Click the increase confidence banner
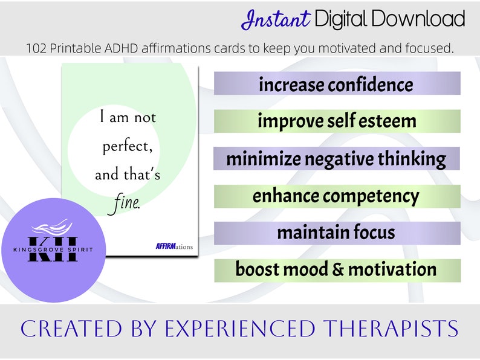[x=337, y=84]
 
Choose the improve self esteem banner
[x=337, y=121]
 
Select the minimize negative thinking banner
[x=337, y=158]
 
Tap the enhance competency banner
[x=337, y=196]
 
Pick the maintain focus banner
[x=337, y=233]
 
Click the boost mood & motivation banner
[x=337, y=269]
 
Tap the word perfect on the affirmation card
[x=127, y=146]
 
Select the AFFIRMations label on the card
[x=174, y=246]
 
